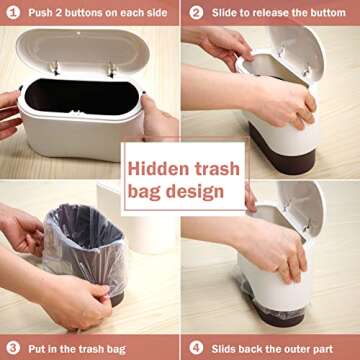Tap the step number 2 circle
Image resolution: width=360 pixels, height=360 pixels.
[x=196, y=13]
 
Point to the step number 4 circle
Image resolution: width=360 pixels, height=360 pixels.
[x=196, y=349]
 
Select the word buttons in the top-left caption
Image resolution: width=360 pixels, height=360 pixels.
[x=92, y=13]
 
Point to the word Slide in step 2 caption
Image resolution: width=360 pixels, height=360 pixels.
[x=225, y=13]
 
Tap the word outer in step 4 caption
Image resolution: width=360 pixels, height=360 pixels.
[x=299, y=349]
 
